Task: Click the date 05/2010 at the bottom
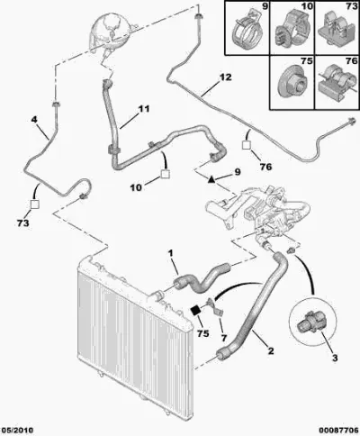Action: pos(17,430)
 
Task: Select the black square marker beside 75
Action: pos(196,311)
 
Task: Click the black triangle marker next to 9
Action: pos(211,179)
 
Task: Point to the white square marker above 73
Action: pos(35,204)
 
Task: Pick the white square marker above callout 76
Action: pos(247,145)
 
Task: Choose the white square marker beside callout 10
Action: pos(166,174)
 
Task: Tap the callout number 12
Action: pos(226,77)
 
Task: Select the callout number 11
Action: pos(143,109)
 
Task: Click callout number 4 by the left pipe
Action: pos(34,120)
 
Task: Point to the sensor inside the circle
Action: pos(310,325)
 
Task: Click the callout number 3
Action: pos(335,358)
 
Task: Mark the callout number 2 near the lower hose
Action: pos(271,350)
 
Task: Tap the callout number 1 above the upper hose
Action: pos(171,254)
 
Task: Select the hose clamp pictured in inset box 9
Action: pos(246,30)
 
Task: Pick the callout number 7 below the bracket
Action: pos(224,338)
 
